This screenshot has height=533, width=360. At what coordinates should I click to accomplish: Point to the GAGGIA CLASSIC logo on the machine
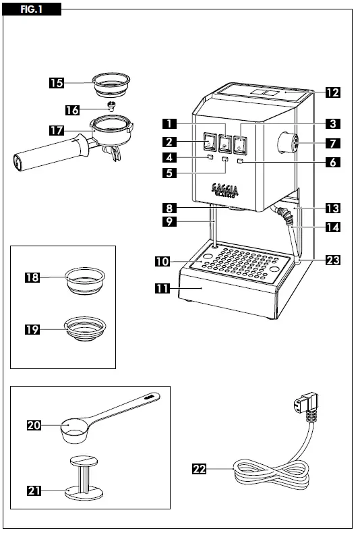(224, 189)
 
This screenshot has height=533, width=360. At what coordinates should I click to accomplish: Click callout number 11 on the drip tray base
(162, 288)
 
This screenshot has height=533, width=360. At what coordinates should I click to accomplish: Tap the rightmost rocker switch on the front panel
(240, 142)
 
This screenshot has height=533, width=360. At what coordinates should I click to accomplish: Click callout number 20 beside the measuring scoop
(34, 425)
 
